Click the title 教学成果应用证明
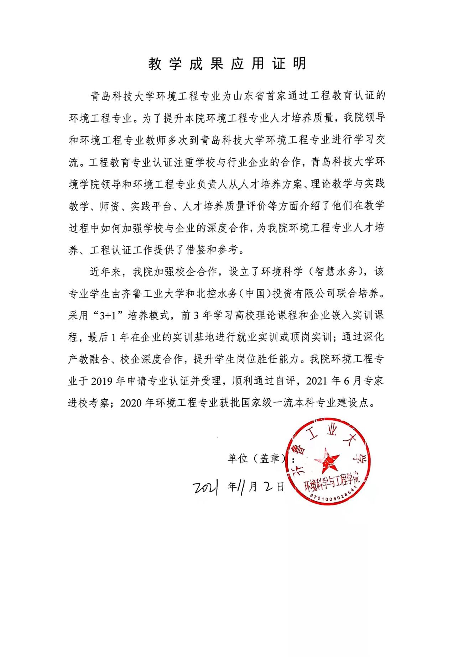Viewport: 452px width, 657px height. click(227, 64)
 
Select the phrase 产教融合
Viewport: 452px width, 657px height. click(88, 359)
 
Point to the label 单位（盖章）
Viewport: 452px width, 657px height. click(256, 458)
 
